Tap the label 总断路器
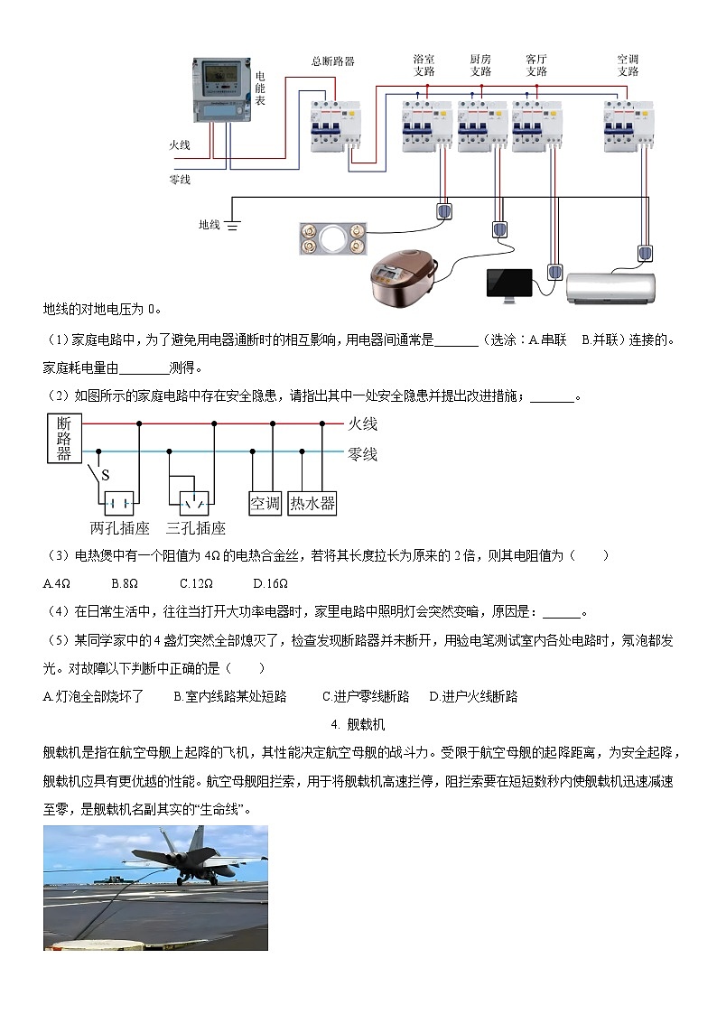[332, 61]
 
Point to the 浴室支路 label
[424, 65]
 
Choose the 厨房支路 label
[480, 65]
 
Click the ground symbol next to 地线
[233, 224]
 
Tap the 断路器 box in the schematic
[63, 438]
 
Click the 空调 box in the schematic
[265, 504]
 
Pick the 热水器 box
[312, 504]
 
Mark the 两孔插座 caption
[119, 528]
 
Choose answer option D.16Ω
[270, 582]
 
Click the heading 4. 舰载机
[358, 724]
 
